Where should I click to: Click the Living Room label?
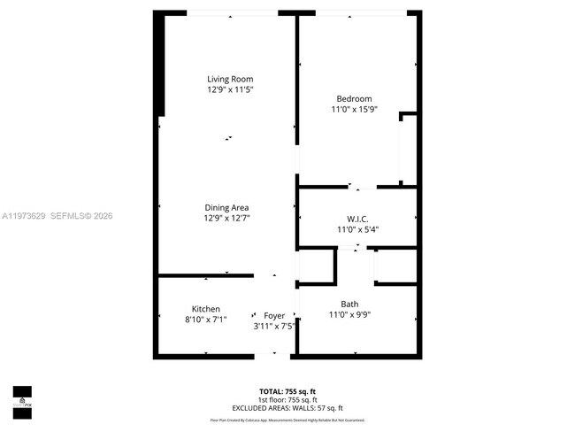click(x=230, y=79)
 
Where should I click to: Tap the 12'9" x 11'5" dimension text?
click(x=230, y=89)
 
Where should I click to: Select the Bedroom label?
click(x=354, y=98)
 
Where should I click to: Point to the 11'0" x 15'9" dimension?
click(x=354, y=109)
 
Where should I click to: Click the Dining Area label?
click(x=228, y=207)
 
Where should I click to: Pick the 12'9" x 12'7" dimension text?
click(x=228, y=218)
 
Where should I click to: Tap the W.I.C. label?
click(x=357, y=219)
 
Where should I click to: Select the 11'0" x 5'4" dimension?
click(x=357, y=229)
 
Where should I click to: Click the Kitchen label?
click(x=206, y=309)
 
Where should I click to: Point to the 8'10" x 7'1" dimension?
click(x=206, y=320)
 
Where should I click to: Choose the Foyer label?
click(x=274, y=315)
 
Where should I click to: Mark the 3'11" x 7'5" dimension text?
click(x=274, y=326)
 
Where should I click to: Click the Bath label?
click(x=349, y=304)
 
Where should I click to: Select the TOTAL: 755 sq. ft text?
click(x=287, y=390)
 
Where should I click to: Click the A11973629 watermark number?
click(x=25, y=216)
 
